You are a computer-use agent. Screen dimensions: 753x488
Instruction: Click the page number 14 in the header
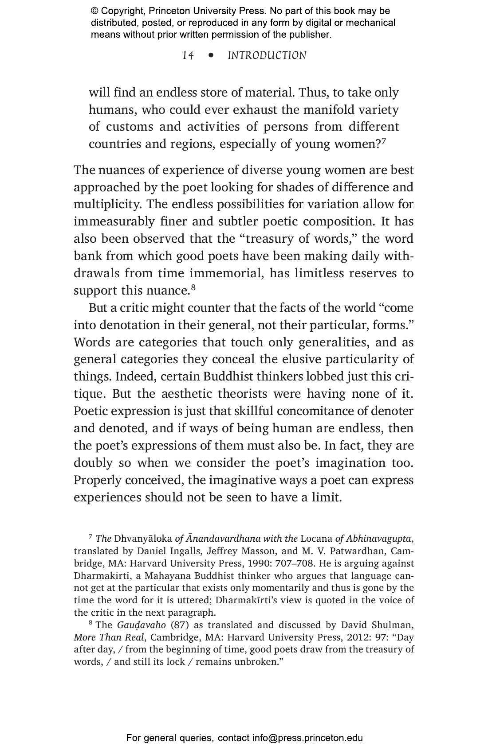(x=188, y=55)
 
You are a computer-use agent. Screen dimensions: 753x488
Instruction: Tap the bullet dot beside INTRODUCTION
(x=211, y=55)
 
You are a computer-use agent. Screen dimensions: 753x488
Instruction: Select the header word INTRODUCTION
(x=267, y=55)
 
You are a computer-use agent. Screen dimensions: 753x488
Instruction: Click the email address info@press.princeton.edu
(x=307, y=738)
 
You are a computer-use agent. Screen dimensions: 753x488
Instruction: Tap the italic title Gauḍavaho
(x=141, y=625)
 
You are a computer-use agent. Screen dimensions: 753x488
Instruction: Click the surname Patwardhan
(x=353, y=551)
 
